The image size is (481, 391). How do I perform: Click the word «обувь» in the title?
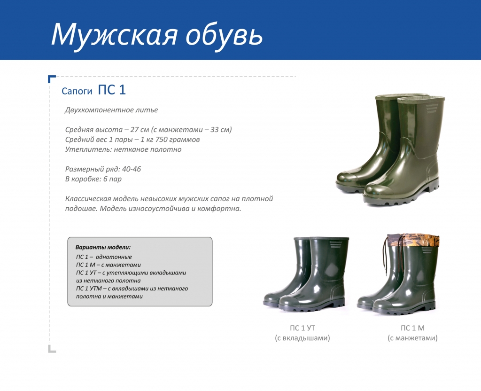(225, 35)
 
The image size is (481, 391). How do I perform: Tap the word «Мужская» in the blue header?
(114, 35)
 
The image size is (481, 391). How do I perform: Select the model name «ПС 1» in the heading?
(112, 90)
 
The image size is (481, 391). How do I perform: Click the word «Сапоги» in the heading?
(77, 91)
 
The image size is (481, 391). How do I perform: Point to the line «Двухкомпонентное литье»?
(111, 110)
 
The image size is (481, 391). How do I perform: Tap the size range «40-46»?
(132, 169)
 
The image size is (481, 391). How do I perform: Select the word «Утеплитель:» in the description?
(88, 149)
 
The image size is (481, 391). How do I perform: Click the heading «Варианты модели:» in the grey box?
(103, 247)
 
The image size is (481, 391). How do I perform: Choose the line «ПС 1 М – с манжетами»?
(109, 265)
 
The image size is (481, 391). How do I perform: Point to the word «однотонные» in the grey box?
(114, 257)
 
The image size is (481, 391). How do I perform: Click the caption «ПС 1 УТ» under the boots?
(303, 328)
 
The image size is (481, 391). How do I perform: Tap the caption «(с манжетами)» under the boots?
(412, 338)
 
